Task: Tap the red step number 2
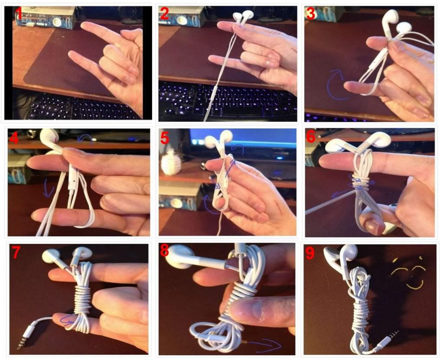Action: click(165, 13)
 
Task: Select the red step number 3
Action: click(311, 13)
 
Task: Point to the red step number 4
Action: click(14, 138)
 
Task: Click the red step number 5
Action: click(165, 138)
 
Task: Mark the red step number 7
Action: click(16, 252)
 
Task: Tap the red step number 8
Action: click(165, 250)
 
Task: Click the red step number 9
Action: click(310, 253)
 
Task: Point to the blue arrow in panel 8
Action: click(268, 345)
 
